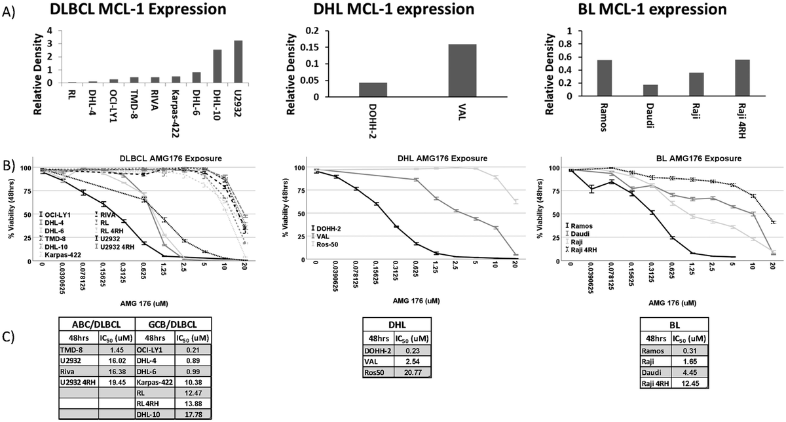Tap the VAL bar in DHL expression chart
(462, 70)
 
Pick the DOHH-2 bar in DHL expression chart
(373, 89)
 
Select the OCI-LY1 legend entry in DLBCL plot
(57, 214)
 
